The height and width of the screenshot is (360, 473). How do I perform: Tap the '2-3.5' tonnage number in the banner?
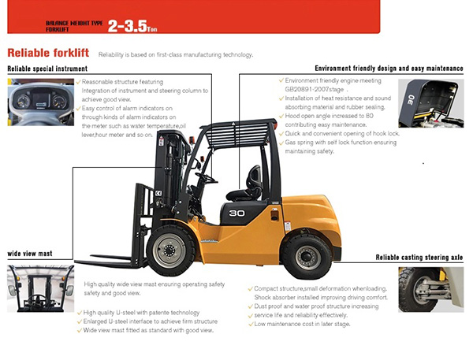point(127,25)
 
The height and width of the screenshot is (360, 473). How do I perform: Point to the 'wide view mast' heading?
point(29,254)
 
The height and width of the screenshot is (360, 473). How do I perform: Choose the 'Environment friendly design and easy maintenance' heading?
point(389,69)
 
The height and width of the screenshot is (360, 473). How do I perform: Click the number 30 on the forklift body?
point(236,212)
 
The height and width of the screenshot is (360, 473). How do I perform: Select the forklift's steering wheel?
point(207,179)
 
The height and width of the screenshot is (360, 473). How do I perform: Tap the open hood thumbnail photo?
point(430,103)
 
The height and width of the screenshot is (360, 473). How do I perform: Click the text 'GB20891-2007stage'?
point(315,91)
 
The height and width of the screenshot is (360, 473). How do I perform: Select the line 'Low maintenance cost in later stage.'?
point(300,323)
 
